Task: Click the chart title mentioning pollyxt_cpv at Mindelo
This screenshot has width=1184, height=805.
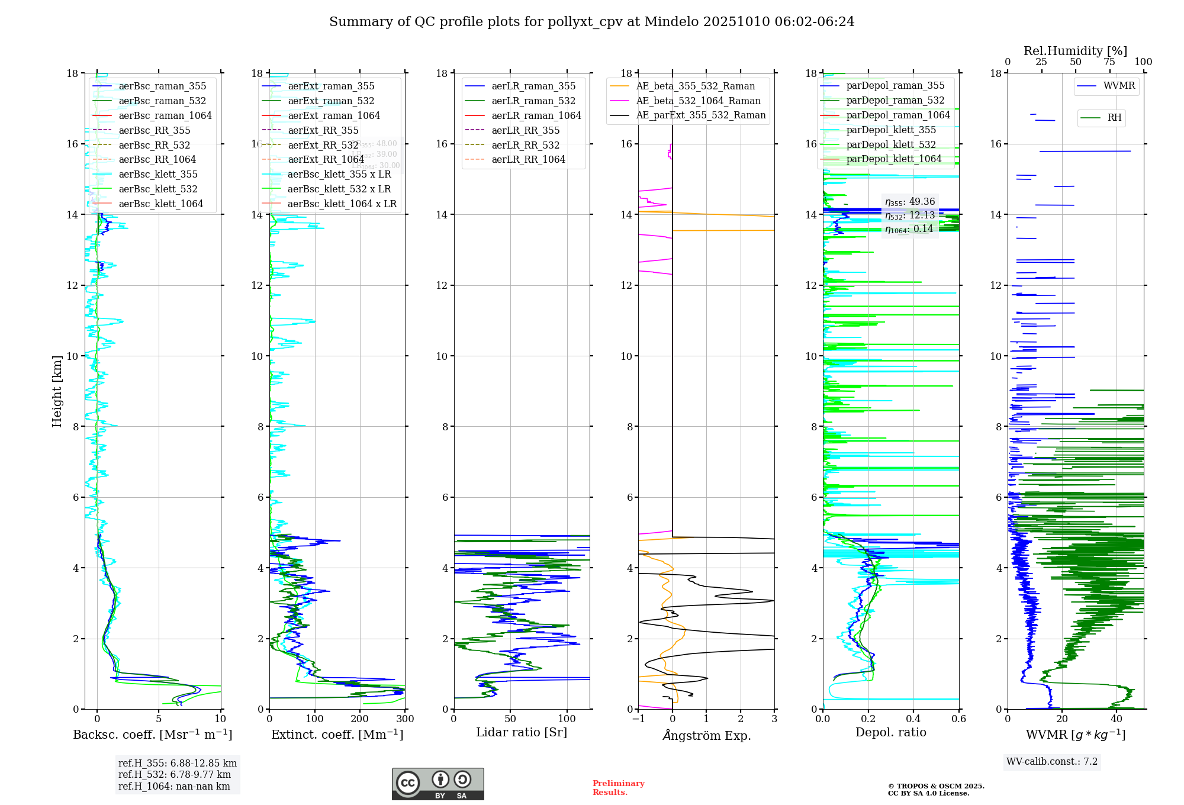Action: pyautogui.click(x=591, y=22)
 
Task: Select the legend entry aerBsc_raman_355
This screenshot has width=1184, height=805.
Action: pyautogui.click(x=162, y=86)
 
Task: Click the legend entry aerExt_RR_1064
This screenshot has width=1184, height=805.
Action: pyautogui.click(x=326, y=160)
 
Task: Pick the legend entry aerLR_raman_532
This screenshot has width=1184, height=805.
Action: pyautogui.click(x=533, y=101)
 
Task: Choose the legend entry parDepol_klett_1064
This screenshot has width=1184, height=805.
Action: pyautogui.click(x=893, y=159)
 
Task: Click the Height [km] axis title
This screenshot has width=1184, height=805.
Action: pyautogui.click(x=57, y=391)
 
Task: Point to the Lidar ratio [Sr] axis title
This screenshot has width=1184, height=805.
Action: pyautogui.click(x=521, y=733)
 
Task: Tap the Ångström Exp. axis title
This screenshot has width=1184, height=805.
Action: pyautogui.click(x=706, y=736)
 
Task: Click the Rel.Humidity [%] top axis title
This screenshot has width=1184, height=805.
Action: pyautogui.click(x=1075, y=51)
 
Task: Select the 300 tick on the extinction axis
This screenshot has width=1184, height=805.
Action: pyautogui.click(x=405, y=719)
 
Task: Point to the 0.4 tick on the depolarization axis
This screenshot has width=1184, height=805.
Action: pyautogui.click(x=913, y=719)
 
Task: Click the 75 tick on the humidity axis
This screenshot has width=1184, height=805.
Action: pyautogui.click(x=1109, y=62)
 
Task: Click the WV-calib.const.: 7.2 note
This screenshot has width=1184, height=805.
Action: pyautogui.click(x=1051, y=762)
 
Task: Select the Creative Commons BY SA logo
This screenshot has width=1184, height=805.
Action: pyautogui.click(x=437, y=784)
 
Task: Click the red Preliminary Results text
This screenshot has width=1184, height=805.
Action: pyautogui.click(x=618, y=788)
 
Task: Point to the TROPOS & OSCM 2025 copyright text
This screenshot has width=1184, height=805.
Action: pyautogui.click(x=935, y=787)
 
